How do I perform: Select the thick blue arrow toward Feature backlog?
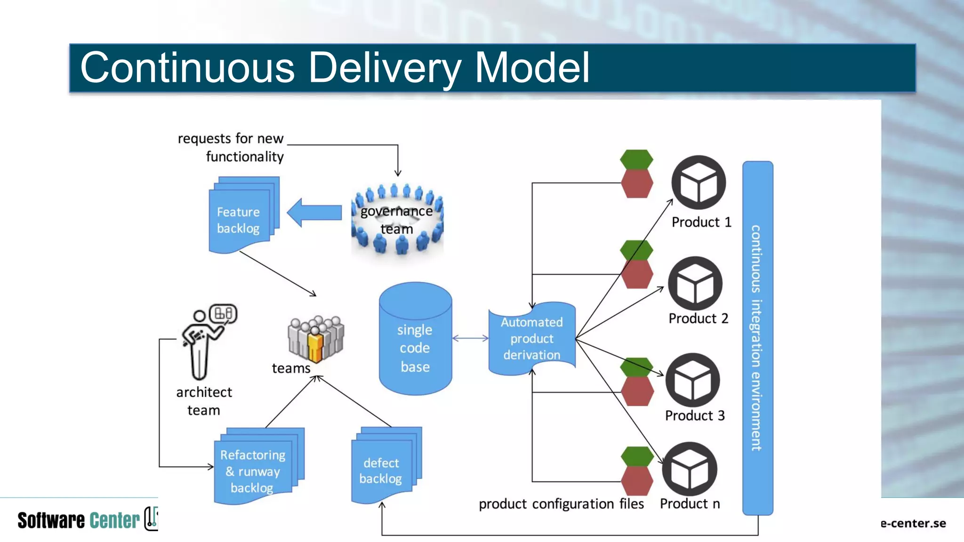point(314,213)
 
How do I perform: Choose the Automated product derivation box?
point(532,339)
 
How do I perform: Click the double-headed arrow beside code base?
point(470,338)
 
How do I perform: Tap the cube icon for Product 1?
point(699,183)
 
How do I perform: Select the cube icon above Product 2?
point(695,284)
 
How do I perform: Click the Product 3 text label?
point(695,415)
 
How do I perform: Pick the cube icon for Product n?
point(690,469)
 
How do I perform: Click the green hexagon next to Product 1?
point(636,159)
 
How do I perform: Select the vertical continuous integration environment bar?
point(757,338)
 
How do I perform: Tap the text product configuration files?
point(561,504)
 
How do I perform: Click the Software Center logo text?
point(79,520)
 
